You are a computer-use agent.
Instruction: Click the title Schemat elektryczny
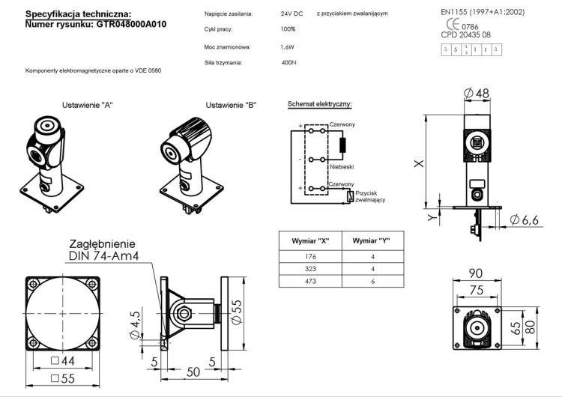(x=320, y=105)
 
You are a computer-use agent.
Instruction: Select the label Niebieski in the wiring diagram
(x=342, y=167)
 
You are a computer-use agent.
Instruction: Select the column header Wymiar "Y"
(x=372, y=240)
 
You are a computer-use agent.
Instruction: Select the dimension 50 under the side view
(x=192, y=371)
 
